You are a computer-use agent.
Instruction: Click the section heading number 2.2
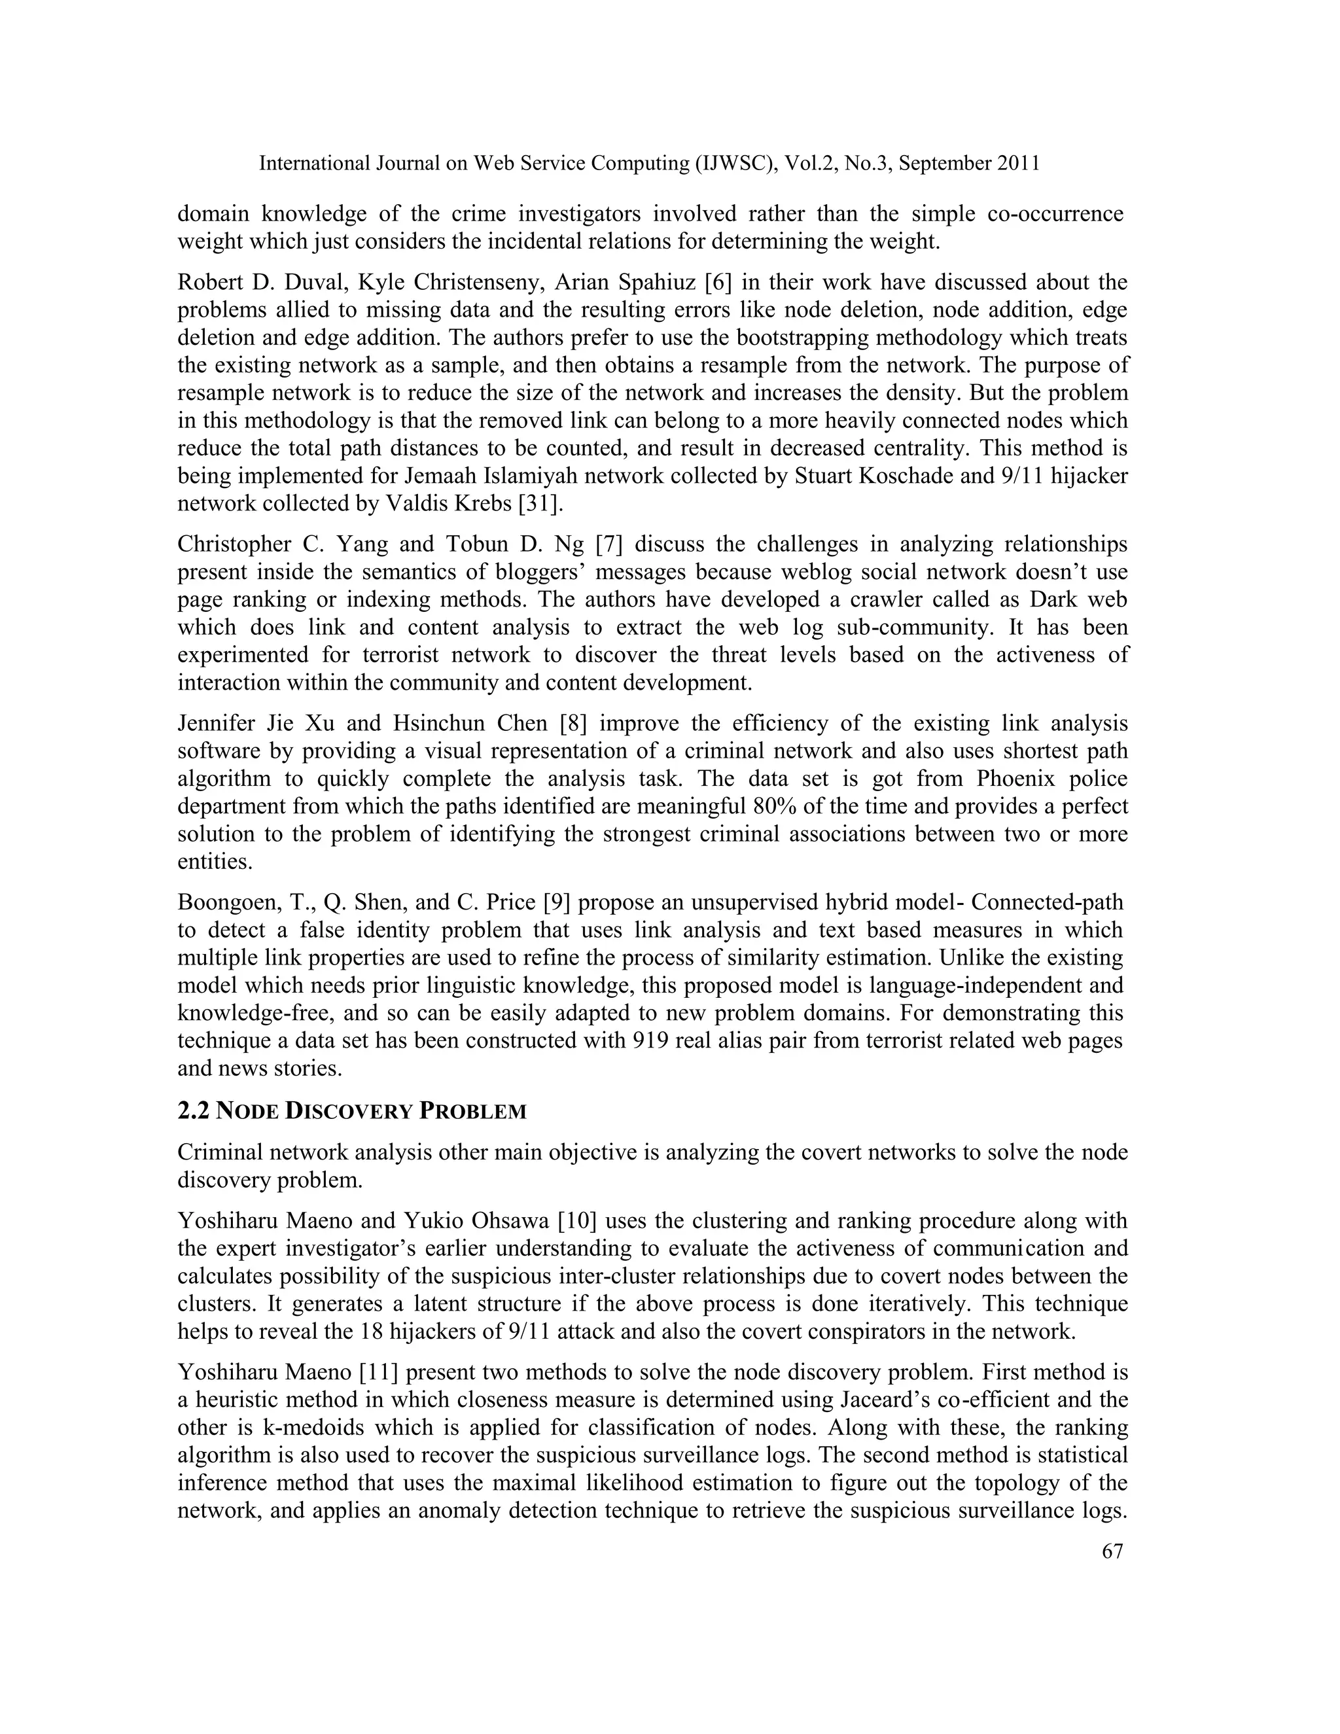[x=193, y=1112]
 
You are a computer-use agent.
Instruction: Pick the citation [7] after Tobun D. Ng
[x=610, y=544]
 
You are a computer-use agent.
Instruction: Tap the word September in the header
[x=943, y=164]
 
